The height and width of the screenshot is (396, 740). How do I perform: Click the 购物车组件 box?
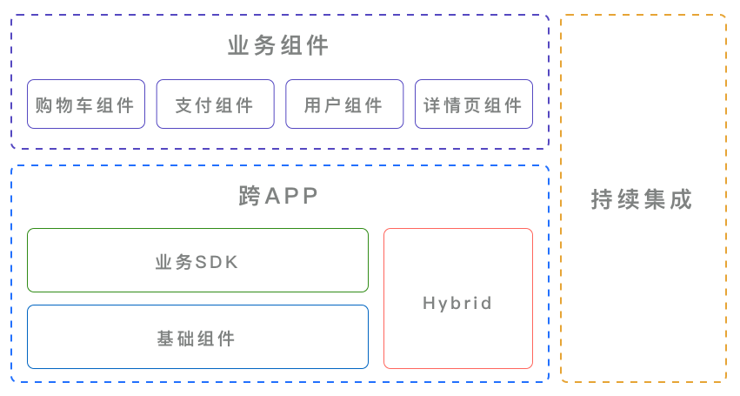pyautogui.click(x=85, y=104)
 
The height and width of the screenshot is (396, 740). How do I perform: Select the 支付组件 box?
pyautogui.click(x=215, y=104)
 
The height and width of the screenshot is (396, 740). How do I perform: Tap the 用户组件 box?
pyautogui.click(x=344, y=104)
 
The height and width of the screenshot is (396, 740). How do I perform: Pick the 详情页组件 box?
pyautogui.click(x=473, y=104)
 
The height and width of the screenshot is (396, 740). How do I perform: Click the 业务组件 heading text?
pyautogui.click(x=279, y=45)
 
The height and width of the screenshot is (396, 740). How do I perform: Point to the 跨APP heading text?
pyautogui.click(x=279, y=197)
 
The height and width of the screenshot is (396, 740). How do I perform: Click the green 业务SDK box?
pyautogui.click(x=197, y=260)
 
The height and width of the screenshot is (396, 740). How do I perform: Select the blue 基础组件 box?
pyautogui.click(x=197, y=337)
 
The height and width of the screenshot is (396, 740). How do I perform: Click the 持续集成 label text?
pyautogui.click(x=642, y=199)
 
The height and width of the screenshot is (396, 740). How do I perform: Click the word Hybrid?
pyautogui.click(x=457, y=304)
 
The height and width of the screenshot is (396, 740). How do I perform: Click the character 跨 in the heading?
pyautogui.click(x=250, y=197)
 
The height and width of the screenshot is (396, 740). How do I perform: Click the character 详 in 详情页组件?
pyautogui.click(x=432, y=105)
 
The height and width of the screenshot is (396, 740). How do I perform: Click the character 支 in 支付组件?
pyautogui.click(x=183, y=105)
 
